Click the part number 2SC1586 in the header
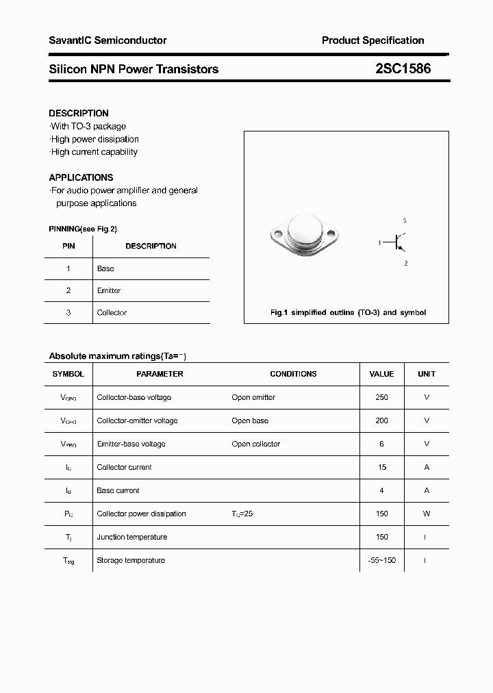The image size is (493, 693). pyautogui.click(x=403, y=68)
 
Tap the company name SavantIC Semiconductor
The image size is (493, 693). pyautogui.click(x=108, y=40)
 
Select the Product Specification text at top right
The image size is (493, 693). pyautogui.click(x=372, y=40)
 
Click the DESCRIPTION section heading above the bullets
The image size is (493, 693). pyautogui.click(x=79, y=113)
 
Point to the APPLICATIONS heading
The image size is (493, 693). pyautogui.click(x=81, y=177)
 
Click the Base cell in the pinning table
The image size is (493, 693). pyautogui.click(x=105, y=268)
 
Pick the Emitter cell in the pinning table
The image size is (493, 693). pyautogui.click(x=109, y=290)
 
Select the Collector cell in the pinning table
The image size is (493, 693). pyautogui.click(x=112, y=312)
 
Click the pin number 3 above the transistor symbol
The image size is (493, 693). pyautogui.click(x=405, y=220)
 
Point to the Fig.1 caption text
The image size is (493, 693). pyautogui.click(x=348, y=312)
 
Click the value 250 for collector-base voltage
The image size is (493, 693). pyautogui.click(x=381, y=397)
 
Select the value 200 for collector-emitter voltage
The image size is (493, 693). pyautogui.click(x=381, y=420)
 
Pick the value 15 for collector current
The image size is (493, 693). pyautogui.click(x=381, y=467)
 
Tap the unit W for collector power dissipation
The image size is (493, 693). pyautogui.click(x=427, y=514)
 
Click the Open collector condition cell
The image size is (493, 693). pyautogui.click(x=255, y=444)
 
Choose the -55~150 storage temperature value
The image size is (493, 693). pyautogui.click(x=381, y=560)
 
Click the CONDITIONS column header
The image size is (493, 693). pyautogui.click(x=293, y=374)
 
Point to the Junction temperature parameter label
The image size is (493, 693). pyautogui.click(x=131, y=537)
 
